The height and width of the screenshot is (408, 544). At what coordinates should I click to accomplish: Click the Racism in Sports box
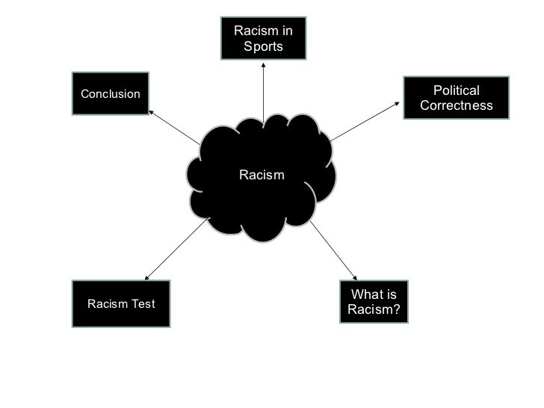263,39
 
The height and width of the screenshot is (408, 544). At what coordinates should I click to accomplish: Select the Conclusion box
111,93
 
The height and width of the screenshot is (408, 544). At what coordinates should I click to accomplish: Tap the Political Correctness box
456,97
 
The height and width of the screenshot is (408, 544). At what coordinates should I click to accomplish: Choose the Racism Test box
121,303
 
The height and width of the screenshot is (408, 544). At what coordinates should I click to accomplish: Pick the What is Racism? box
374,302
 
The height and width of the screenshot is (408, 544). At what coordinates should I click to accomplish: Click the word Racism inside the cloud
262,175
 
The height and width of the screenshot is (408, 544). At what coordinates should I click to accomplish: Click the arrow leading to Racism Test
178,248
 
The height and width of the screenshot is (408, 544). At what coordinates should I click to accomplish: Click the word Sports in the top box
263,47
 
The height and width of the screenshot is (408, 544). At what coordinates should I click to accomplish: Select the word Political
456,90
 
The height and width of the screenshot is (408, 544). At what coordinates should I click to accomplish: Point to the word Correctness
456,105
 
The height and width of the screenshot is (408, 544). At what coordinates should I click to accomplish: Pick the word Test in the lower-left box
141,303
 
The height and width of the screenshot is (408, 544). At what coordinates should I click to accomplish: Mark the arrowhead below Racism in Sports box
263,64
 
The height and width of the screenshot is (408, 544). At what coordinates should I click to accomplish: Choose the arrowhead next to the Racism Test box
148,277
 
